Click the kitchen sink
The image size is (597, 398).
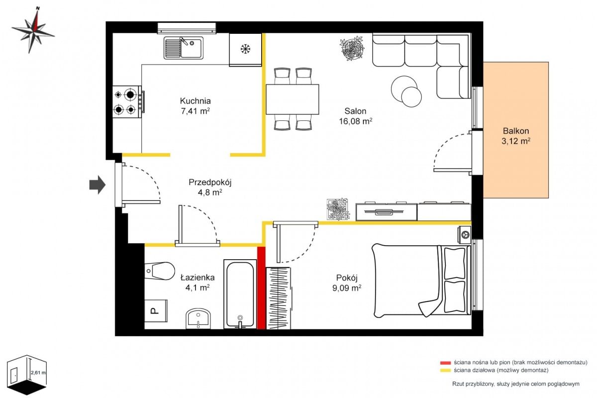(x=184, y=48)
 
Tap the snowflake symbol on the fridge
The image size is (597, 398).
(x=245, y=49)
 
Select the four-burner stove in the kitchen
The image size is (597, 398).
(x=128, y=101)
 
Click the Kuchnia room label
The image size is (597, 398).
(x=196, y=101)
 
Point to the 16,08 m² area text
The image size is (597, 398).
(x=356, y=121)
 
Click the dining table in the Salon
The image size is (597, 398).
(x=293, y=99)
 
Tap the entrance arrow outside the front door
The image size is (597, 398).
(x=98, y=185)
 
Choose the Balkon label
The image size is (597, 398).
(x=516, y=131)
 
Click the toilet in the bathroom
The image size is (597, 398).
(x=159, y=271)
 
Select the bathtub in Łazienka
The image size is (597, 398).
(x=240, y=294)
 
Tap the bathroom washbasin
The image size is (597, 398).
(x=198, y=319)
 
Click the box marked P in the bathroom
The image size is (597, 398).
(x=156, y=310)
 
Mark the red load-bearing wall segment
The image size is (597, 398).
(x=262, y=288)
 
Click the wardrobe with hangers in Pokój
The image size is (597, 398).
(x=279, y=298)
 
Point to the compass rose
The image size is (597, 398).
(x=33, y=30)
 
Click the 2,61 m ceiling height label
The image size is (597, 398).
(x=38, y=373)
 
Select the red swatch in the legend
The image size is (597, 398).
(x=445, y=363)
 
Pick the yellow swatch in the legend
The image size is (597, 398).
(x=445, y=370)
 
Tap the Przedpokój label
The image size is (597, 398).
(x=210, y=183)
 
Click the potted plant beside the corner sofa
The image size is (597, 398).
(x=352, y=49)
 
